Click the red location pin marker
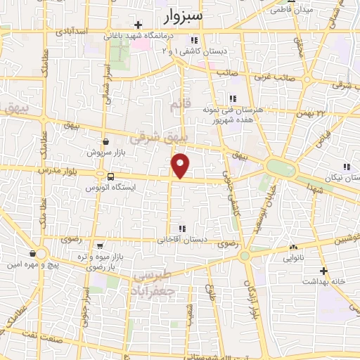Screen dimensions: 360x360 [x=181, y=166]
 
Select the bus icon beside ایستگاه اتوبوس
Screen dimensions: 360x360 [x=110, y=176]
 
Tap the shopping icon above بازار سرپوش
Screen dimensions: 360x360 [x=105, y=141]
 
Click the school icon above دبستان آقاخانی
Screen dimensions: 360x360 [x=183, y=229]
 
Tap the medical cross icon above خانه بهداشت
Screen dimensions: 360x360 [x=324, y=270]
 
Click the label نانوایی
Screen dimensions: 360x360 [x=294, y=259]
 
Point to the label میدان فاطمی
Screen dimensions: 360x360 [x=296, y=10]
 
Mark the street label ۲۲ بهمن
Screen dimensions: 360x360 [x=313, y=112]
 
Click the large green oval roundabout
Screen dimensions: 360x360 [x=281, y=168]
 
